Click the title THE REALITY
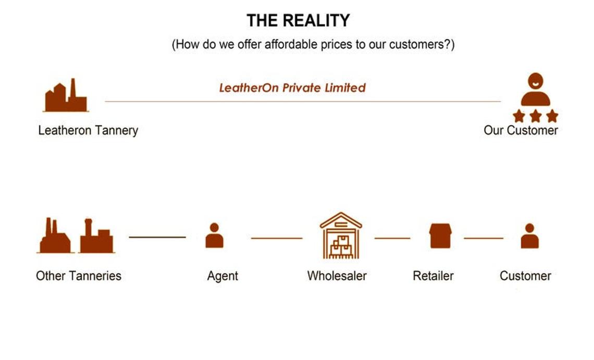click(x=298, y=21)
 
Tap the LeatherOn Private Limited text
click(x=292, y=88)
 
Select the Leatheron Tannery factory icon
click(x=66, y=96)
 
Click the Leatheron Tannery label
click(x=88, y=130)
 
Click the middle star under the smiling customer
click(x=535, y=116)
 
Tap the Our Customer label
click(x=521, y=130)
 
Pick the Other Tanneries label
click(x=79, y=276)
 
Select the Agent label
click(x=222, y=276)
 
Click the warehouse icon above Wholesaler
click(x=341, y=235)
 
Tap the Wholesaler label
click(x=337, y=276)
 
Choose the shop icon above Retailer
click(x=440, y=235)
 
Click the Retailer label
click(x=433, y=276)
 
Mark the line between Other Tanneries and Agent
click(x=157, y=237)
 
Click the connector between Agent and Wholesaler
click(x=277, y=238)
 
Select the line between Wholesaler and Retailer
click(x=392, y=238)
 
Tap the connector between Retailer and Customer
click(x=484, y=238)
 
